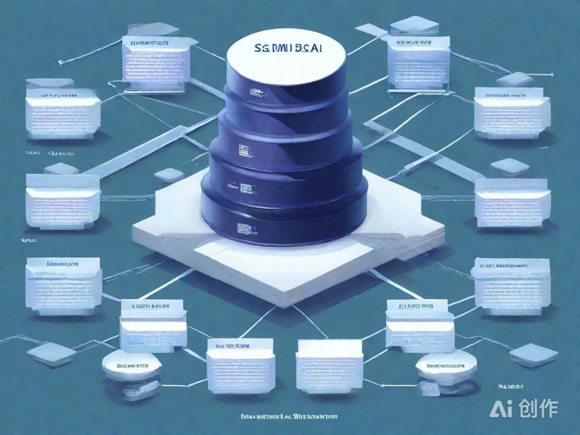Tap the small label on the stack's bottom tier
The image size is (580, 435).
coord(245,228)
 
